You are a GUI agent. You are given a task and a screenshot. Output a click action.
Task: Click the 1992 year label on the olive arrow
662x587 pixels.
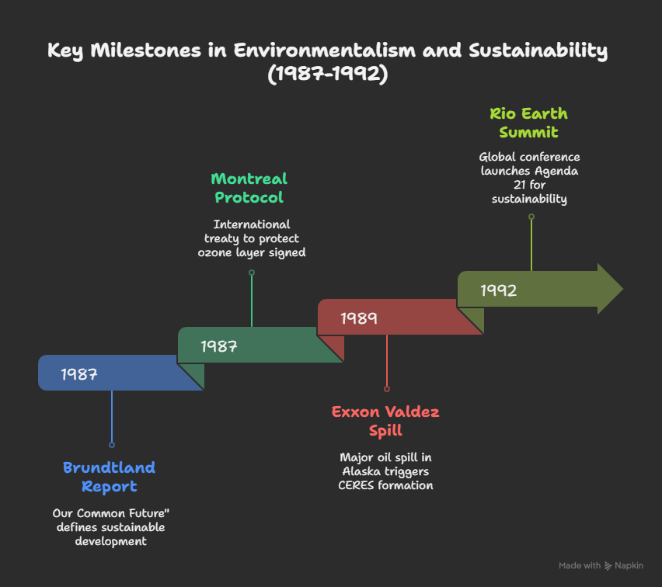coord(498,290)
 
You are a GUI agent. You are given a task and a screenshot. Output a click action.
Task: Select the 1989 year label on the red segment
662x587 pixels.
coord(358,318)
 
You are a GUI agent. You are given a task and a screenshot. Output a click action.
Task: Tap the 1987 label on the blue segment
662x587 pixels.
coord(79,374)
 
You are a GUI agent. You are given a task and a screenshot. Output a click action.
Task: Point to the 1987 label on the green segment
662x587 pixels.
coord(218,346)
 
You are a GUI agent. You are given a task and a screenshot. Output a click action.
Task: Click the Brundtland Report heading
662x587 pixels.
coord(109,477)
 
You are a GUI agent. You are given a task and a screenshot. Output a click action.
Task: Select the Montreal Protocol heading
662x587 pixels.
coord(249,188)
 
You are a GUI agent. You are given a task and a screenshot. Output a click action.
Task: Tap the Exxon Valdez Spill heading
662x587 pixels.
coord(385,421)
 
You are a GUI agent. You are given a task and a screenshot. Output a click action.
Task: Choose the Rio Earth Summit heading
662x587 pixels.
coord(528,123)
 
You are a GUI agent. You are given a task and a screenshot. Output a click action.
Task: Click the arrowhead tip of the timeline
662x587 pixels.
coord(622,289)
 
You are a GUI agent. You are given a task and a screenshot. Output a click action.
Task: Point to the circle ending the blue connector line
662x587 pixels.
coord(112,445)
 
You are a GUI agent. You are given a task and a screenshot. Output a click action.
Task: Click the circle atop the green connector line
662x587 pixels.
coord(252,273)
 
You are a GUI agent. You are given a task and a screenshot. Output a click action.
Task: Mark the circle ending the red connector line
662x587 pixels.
coord(387,389)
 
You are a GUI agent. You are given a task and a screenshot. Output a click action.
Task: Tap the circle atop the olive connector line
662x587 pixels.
coord(531,217)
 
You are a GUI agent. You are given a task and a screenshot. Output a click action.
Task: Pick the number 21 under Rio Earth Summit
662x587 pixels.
coord(519,185)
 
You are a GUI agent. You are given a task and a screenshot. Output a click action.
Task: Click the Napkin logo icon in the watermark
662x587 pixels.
coord(608,566)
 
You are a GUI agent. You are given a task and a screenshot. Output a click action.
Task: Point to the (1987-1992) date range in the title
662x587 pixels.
coord(328,74)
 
